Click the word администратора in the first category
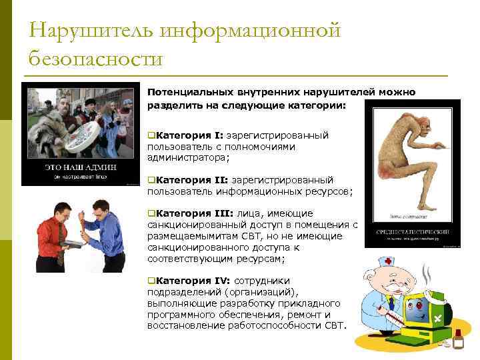click(188, 157)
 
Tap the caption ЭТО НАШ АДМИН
click(79, 167)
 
